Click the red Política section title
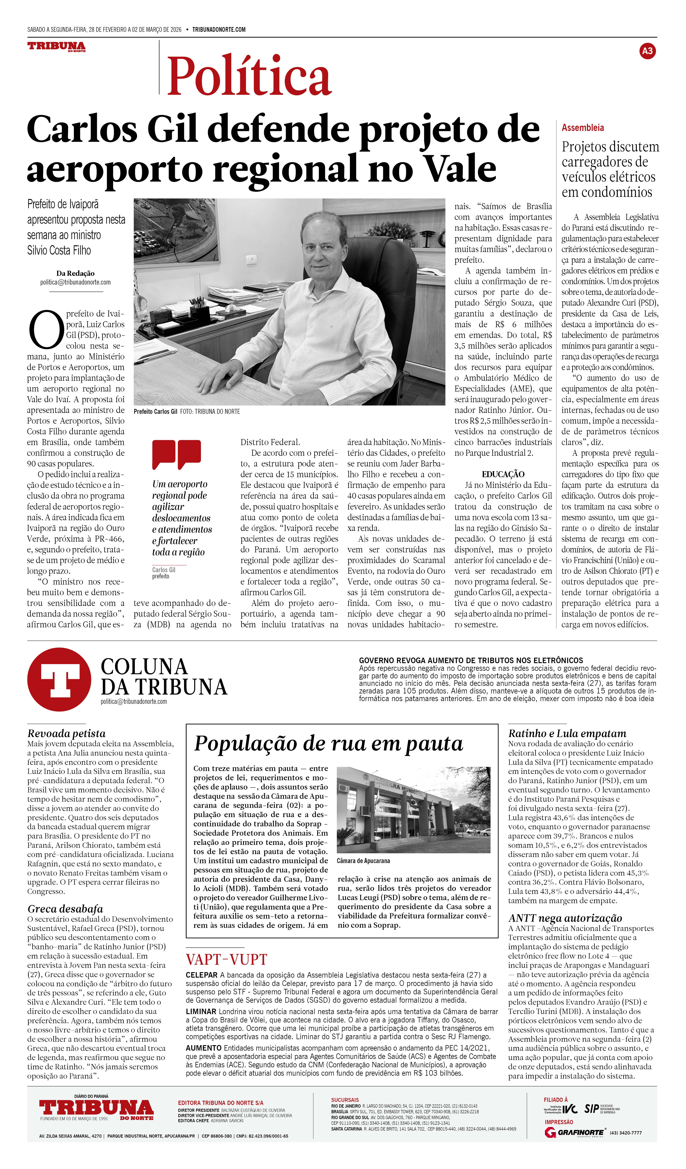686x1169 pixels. tap(249, 76)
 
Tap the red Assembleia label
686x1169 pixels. tap(583, 128)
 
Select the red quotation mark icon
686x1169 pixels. tap(177, 454)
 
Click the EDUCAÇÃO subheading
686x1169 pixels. tap(503, 474)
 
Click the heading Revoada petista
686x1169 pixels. tap(66, 733)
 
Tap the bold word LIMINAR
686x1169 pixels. tap(201, 1011)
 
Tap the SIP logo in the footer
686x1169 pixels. tap(591, 1109)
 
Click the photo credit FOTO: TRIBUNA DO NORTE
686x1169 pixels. tap(210, 411)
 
